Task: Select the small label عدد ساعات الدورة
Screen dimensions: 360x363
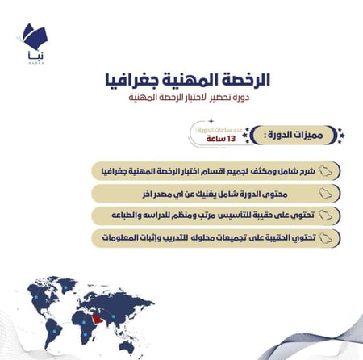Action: point(214,128)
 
